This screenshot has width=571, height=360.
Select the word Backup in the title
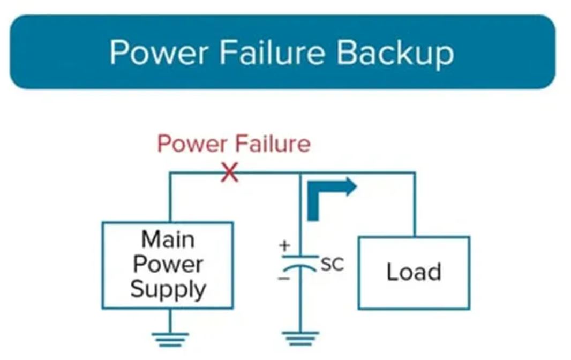[x=395, y=53]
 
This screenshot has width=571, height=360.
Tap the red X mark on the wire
[x=230, y=172]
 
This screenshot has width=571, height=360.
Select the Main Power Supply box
[x=167, y=265]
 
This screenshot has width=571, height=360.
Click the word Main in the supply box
[x=167, y=239]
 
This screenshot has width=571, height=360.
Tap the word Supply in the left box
[x=168, y=290]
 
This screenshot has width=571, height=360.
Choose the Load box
[x=414, y=273]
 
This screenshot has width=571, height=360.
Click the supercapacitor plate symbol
[x=300, y=261]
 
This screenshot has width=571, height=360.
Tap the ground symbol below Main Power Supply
[x=170, y=338]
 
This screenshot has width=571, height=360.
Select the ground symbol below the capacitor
[x=300, y=338]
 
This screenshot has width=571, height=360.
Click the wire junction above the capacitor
[x=300, y=172]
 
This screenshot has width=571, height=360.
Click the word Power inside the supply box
[x=168, y=265]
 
